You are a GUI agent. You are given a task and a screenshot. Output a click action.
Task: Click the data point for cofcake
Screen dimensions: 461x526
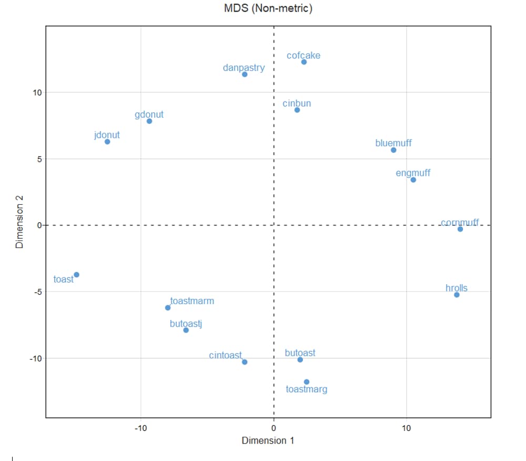click(304, 62)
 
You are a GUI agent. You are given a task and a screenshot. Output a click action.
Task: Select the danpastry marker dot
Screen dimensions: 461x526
click(245, 74)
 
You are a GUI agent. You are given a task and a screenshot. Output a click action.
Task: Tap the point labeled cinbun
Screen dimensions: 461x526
click(297, 110)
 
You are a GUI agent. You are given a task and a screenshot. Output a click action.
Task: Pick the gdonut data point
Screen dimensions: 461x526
click(149, 121)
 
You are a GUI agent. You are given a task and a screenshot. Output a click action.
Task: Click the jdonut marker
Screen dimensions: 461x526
click(107, 142)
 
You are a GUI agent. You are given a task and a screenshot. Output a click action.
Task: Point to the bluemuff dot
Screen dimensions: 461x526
click(393, 150)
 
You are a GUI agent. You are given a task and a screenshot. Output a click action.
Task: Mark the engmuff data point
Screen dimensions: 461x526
click(413, 180)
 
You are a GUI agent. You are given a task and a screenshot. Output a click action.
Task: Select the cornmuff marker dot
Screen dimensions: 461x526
click(460, 229)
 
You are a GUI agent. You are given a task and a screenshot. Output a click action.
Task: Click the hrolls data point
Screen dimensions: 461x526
click(457, 295)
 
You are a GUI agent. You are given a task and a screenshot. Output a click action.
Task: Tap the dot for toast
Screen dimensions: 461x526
click(76, 275)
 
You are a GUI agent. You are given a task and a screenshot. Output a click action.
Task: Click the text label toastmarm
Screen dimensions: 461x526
click(192, 302)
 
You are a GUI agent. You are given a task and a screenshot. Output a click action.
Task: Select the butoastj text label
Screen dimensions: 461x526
click(186, 324)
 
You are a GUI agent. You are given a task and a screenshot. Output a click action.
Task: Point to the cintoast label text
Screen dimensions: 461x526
click(225, 355)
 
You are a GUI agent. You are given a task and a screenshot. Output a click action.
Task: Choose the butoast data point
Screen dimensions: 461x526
click(300, 359)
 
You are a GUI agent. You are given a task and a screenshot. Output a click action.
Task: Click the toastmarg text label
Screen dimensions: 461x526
click(307, 389)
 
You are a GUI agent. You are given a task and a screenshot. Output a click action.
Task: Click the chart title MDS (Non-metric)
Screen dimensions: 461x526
click(268, 8)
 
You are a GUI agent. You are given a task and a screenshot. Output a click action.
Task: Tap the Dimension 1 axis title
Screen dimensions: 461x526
click(268, 440)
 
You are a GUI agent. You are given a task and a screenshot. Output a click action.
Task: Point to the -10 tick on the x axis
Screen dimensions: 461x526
click(140, 428)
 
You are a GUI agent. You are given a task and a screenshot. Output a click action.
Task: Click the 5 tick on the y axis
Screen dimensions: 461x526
click(38, 159)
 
